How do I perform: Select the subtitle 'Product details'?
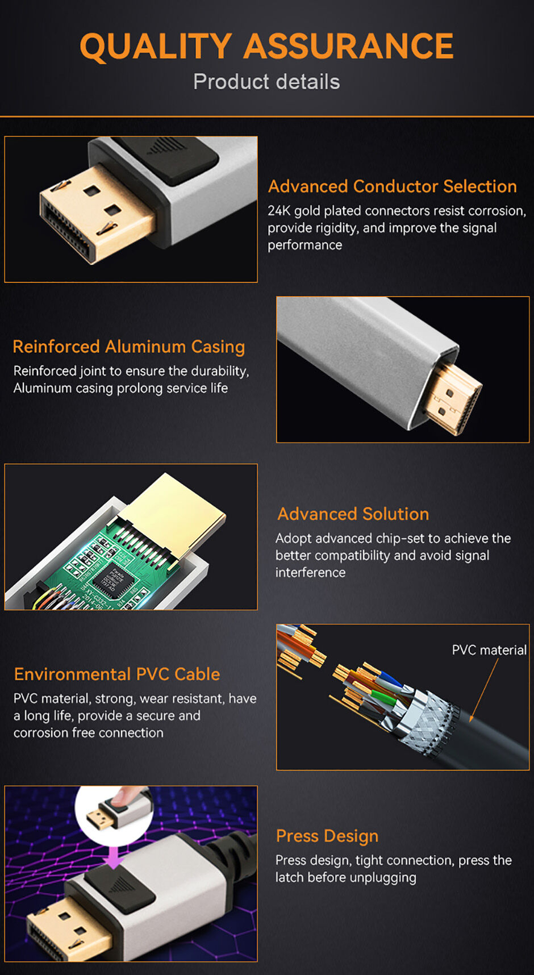pyautogui.click(x=266, y=82)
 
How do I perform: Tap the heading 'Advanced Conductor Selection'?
pyautogui.click(x=392, y=186)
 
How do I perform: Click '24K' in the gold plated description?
pyautogui.click(x=279, y=211)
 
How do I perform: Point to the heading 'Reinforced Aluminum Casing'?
pyautogui.click(x=128, y=347)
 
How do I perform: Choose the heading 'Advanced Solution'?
pyautogui.click(x=353, y=514)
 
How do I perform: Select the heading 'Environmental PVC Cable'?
pyautogui.click(x=117, y=674)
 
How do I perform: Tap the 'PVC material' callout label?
pyautogui.click(x=489, y=650)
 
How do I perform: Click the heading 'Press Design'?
pyautogui.click(x=327, y=836)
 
